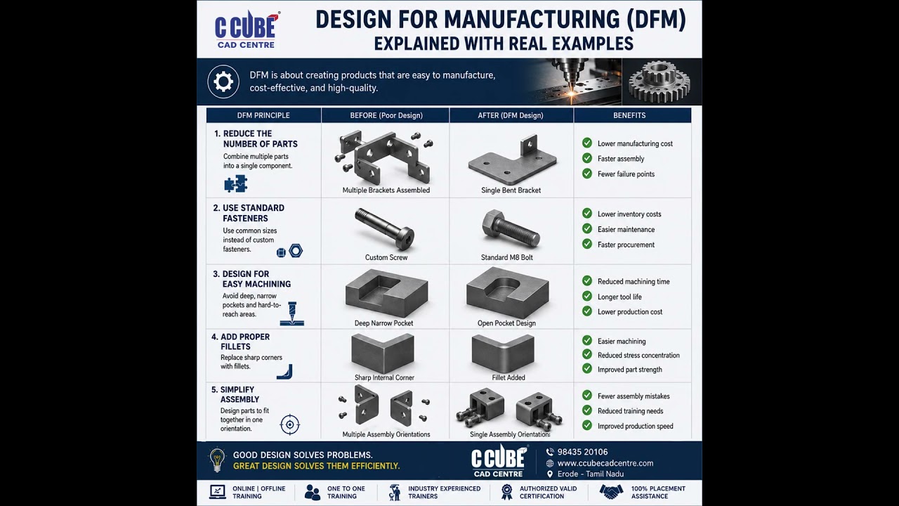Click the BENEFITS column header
point(629,115)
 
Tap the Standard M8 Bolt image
point(511,229)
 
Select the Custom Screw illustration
point(384,228)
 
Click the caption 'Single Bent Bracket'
point(511,190)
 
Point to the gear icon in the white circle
point(223,82)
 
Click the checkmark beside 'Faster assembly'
point(587,158)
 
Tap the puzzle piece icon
point(235,184)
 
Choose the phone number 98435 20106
point(582,452)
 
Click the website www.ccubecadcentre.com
point(605,463)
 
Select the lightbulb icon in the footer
point(217,460)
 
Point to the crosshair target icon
point(290,425)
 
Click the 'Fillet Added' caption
point(508,377)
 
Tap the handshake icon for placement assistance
point(611,491)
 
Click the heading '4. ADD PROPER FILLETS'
point(241,342)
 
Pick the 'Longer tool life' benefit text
point(619,297)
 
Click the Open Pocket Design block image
point(507,292)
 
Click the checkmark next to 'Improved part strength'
point(587,369)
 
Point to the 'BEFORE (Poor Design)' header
point(386,115)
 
